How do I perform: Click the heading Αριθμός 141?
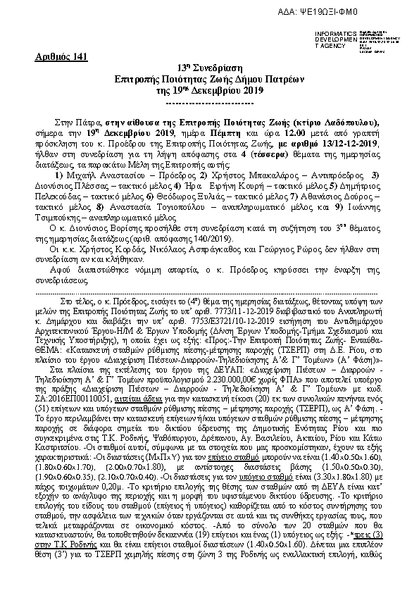pos(61,57)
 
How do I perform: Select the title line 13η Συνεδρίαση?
pos(208,68)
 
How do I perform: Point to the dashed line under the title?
pos(208,103)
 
